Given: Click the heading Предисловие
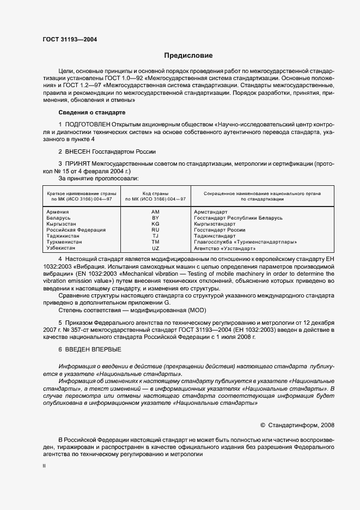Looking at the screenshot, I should (189, 56).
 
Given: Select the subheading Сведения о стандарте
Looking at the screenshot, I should (91, 112).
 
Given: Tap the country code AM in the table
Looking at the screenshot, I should (155, 211).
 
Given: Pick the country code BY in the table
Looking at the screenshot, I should (155, 217).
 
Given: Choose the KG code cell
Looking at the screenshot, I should (155, 223).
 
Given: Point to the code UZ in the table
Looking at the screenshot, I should (155, 248).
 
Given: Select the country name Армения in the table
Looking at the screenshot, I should (58, 211).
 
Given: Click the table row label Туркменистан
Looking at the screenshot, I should (63, 242).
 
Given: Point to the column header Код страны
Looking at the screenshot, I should (155, 193).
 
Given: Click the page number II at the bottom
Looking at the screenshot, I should (44, 466).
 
